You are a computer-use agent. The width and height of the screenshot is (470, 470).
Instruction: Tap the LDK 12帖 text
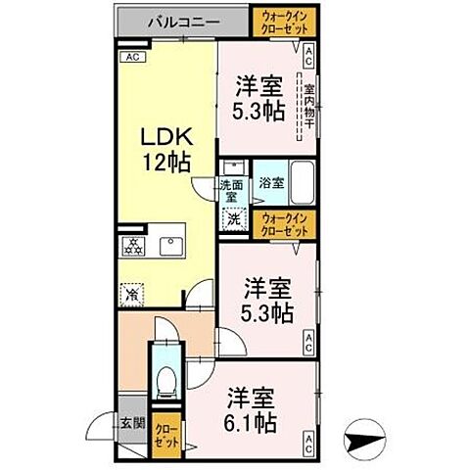(x=162, y=146)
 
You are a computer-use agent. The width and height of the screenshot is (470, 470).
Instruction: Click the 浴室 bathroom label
(x=270, y=182)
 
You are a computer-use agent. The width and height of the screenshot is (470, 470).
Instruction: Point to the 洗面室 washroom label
(x=231, y=189)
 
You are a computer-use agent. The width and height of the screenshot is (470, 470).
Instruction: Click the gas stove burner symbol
(x=133, y=244)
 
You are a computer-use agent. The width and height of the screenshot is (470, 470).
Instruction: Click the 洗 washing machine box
(x=234, y=219)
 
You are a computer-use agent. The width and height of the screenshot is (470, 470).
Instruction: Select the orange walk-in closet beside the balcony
(x=284, y=21)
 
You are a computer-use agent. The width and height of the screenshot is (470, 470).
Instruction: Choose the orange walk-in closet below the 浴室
(x=284, y=224)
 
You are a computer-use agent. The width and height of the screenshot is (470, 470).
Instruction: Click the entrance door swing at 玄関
(x=100, y=428)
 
